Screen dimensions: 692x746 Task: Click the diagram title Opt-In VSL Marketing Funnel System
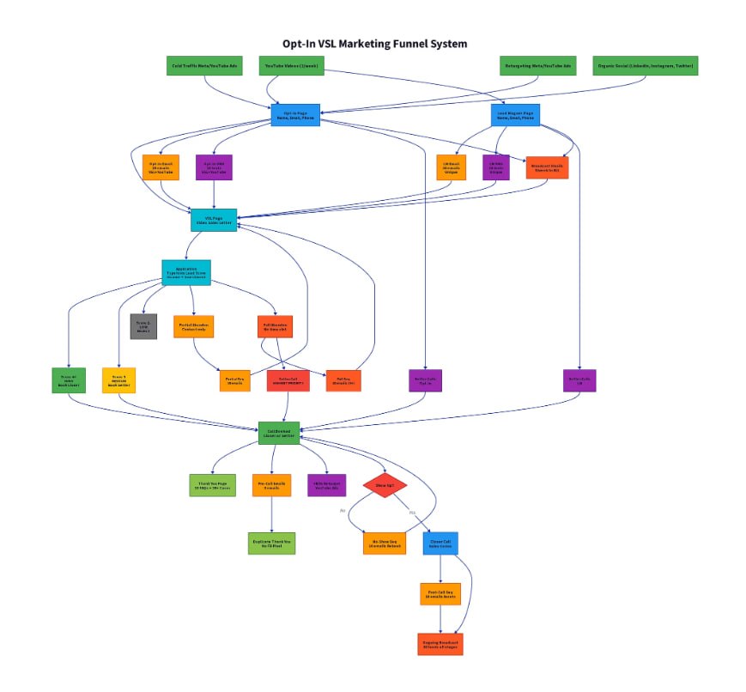tap(375, 44)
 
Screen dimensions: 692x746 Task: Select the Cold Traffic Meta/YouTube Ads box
tap(203, 65)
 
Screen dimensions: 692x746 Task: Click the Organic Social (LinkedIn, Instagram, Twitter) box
tap(645, 65)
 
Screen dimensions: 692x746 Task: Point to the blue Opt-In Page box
tap(295, 115)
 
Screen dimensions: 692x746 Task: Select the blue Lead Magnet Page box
tap(516, 115)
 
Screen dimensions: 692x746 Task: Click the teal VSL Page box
tap(213, 220)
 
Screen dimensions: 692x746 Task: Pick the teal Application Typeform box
tap(186, 272)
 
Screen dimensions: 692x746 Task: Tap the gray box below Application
tap(143, 326)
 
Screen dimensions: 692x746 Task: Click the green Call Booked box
tap(284, 434)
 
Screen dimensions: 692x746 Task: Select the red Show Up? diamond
tap(384, 485)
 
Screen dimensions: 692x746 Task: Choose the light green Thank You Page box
tap(212, 485)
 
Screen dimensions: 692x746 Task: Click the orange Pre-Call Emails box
tap(272, 485)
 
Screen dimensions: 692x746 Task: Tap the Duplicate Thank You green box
tap(272, 543)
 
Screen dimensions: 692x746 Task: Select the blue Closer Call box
tap(440, 543)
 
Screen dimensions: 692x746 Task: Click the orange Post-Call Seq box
tap(440, 593)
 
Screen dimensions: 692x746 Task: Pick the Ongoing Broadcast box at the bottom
tap(440, 644)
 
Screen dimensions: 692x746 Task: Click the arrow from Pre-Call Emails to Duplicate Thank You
tap(272, 514)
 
